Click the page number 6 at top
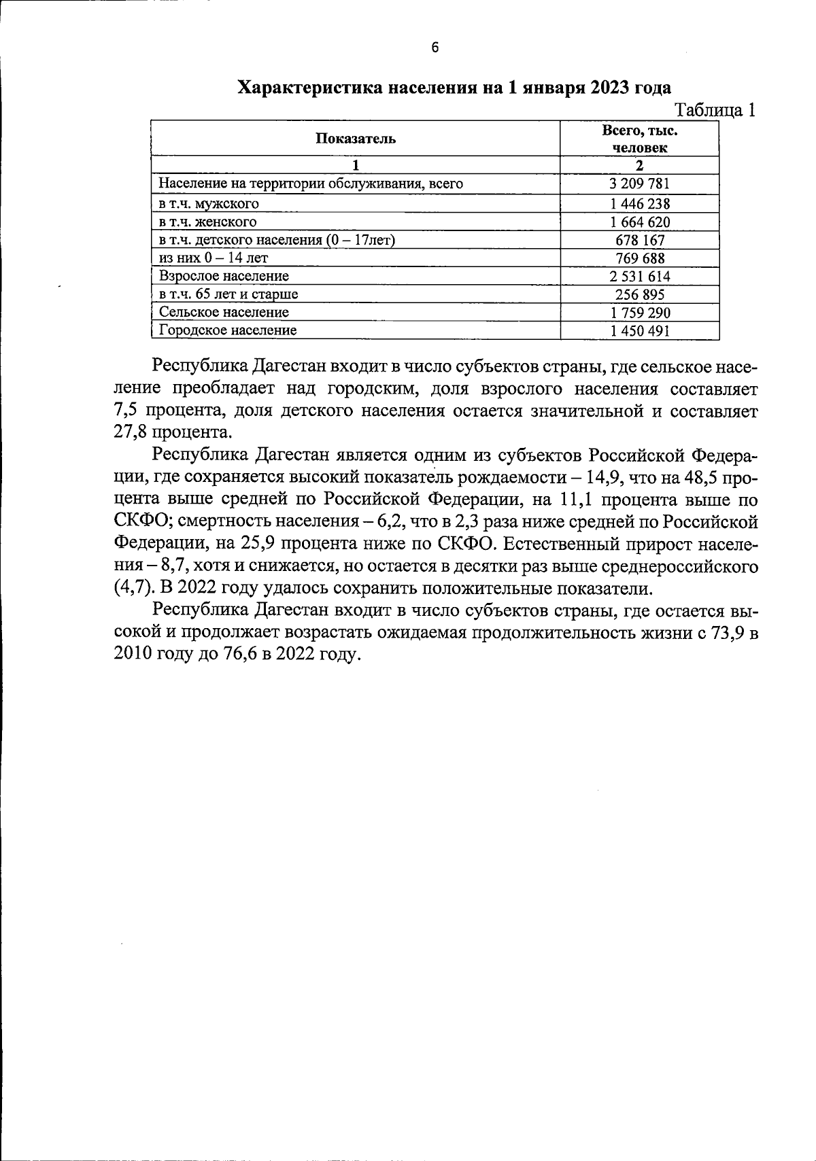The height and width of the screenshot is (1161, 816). point(435,48)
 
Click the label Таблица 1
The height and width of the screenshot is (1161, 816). point(714,110)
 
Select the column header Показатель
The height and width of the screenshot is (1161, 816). point(355,139)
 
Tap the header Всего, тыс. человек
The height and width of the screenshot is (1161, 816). point(639,139)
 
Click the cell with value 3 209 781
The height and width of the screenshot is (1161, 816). point(639,184)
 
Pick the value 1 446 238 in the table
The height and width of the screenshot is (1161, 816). point(639,203)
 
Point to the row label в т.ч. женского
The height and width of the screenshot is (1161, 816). point(207,222)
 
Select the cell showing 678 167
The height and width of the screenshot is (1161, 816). point(639,240)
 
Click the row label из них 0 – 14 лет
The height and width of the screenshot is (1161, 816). point(214,258)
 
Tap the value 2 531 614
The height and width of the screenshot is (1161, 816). point(639,276)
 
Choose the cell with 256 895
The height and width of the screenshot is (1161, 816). point(639,294)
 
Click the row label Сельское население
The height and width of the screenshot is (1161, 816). point(224,312)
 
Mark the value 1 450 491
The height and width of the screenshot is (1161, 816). point(639,330)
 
